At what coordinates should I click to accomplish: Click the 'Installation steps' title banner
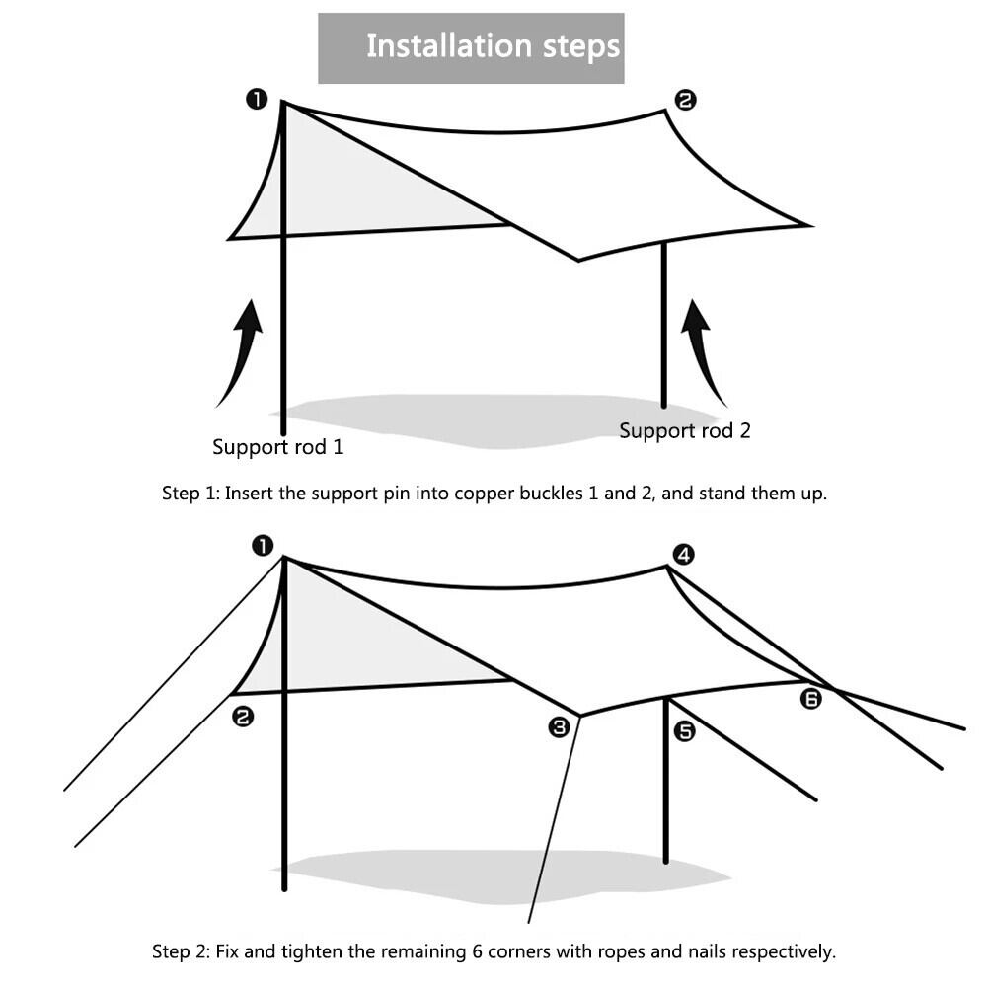coord(471,47)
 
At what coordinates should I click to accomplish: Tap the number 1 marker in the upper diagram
coord(257,99)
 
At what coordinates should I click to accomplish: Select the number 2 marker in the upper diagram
coord(685,99)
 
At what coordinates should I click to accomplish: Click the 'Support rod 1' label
coord(278,447)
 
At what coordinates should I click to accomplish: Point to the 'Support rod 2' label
coord(684,430)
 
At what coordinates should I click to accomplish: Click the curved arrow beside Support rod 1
coord(241,350)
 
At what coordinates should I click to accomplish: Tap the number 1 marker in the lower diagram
coord(262,545)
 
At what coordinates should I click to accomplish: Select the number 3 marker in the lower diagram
coord(559,727)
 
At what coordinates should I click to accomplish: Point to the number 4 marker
coord(683,554)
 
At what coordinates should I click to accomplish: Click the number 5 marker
coord(684,731)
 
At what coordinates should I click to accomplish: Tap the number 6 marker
coord(810,699)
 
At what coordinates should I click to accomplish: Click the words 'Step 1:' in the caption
coord(190,494)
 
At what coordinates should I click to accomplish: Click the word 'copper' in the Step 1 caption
coord(483,494)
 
